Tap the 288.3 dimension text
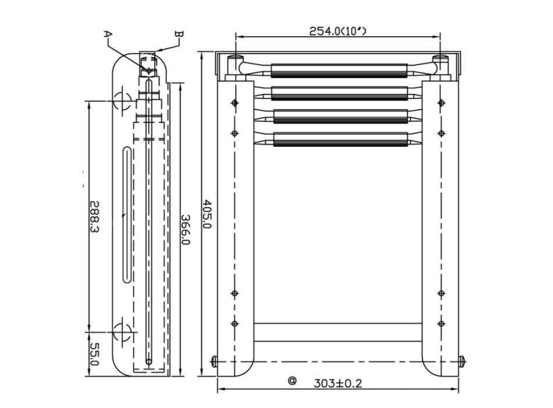tap(95, 217)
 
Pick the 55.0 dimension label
tap(95, 354)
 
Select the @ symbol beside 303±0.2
tap(292, 381)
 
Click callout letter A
tap(107, 34)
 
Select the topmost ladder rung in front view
tap(339, 71)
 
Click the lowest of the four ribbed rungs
tap(339, 139)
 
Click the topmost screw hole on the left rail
tap(235, 103)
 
